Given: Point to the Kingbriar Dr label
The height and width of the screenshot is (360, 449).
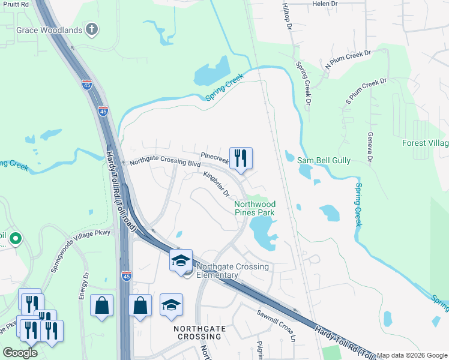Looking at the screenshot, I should point(217,183).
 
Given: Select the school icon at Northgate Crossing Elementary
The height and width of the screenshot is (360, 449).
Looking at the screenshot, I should point(181,261).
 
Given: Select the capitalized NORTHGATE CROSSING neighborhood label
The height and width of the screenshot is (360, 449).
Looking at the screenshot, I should point(202,332).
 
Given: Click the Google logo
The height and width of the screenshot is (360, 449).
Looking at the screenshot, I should point(20,353).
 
